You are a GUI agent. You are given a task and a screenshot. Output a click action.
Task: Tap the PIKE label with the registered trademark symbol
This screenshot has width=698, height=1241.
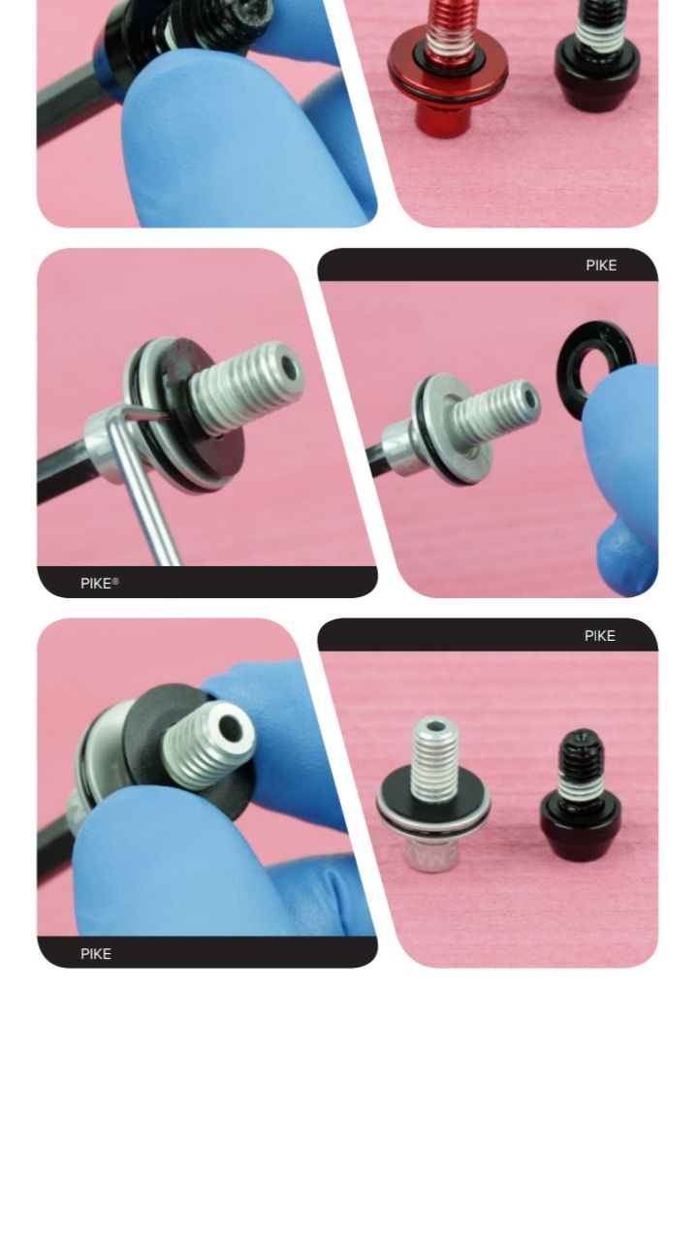click(100, 584)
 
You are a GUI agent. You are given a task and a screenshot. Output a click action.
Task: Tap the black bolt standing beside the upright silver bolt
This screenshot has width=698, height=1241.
click(581, 793)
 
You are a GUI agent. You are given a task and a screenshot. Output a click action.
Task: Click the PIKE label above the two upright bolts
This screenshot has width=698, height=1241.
click(600, 636)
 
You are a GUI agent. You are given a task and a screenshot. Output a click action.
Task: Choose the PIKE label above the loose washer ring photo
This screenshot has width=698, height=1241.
click(602, 266)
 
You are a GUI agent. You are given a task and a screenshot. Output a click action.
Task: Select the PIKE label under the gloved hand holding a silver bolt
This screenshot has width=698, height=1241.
click(96, 954)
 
